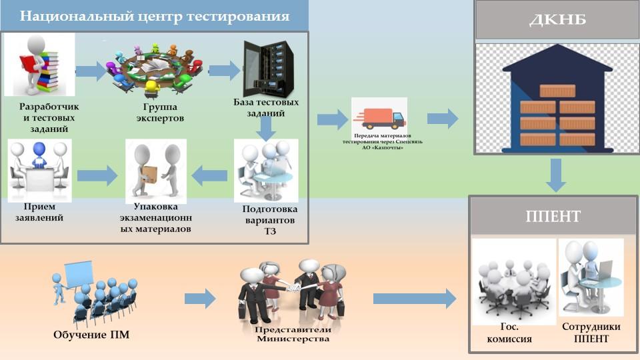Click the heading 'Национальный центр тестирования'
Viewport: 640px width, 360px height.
155,16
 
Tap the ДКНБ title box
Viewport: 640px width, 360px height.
557,19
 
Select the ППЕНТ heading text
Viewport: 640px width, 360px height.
554,216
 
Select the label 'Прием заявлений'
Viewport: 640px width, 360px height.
40,212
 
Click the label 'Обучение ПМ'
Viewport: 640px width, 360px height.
91,333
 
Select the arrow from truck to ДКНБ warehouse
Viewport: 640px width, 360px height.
441,119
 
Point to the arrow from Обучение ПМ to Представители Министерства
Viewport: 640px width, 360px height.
201,299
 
